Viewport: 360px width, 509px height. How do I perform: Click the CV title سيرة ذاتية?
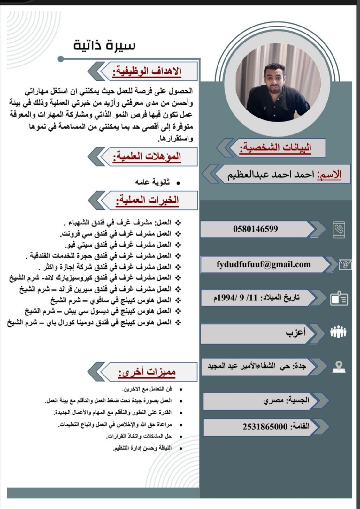click(104, 45)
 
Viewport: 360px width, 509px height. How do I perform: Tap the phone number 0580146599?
click(256, 229)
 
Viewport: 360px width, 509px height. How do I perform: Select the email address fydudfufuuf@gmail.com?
click(264, 264)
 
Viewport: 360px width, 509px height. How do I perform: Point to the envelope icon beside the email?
click(345, 265)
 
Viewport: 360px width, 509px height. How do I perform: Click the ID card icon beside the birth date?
click(339, 299)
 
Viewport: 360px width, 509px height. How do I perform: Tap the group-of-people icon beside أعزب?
click(339, 332)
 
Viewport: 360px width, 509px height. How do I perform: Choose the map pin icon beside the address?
click(339, 367)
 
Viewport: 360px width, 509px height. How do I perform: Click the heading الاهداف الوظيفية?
click(147, 71)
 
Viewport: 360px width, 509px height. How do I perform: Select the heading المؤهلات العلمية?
click(147, 157)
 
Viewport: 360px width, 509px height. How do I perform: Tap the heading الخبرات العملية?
click(148, 200)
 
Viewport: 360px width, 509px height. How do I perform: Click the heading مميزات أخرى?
click(147, 372)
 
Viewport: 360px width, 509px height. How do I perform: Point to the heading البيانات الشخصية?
click(275, 148)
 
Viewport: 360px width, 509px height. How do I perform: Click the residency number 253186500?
click(265, 426)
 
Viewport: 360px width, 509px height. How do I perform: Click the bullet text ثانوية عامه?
click(152, 182)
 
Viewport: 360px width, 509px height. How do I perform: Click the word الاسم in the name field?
click(329, 175)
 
